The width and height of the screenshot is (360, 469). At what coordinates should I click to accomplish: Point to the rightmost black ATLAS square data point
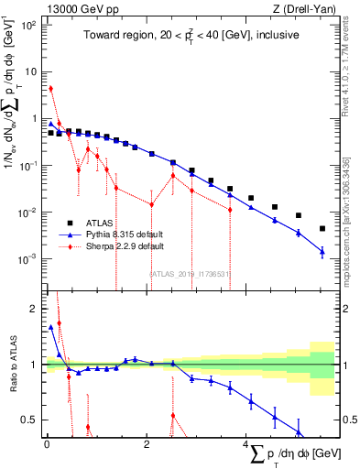click(x=322, y=228)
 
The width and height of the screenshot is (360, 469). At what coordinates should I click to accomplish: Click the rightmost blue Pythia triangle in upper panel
click(x=322, y=251)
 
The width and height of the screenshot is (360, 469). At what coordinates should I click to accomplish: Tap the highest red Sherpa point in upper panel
click(x=50, y=88)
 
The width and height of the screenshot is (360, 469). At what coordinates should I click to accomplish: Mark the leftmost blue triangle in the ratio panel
click(x=50, y=326)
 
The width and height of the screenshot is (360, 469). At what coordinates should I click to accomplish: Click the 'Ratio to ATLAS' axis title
click(x=14, y=366)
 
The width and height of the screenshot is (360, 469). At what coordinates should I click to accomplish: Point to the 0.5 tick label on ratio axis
click(x=32, y=420)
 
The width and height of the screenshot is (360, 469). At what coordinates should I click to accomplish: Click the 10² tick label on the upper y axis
click(x=29, y=25)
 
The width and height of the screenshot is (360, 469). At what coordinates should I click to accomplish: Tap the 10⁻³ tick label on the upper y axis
click(x=29, y=259)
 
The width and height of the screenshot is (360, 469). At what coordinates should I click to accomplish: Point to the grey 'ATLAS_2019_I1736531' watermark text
click(x=191, y=272)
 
